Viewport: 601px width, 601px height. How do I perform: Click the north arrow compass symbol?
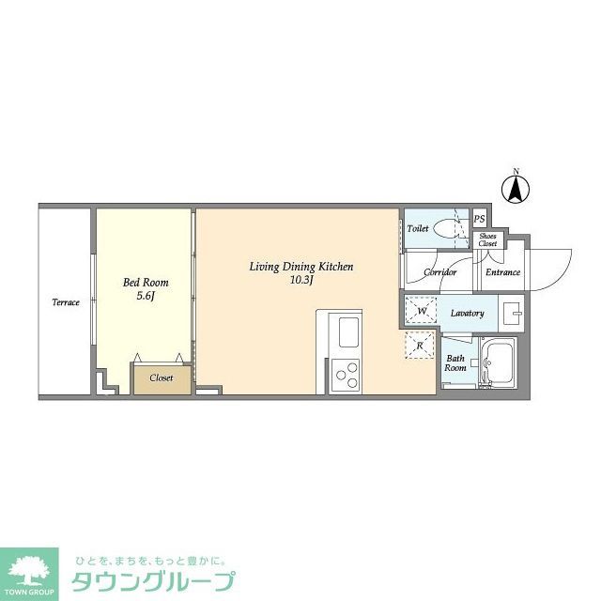(515, 189)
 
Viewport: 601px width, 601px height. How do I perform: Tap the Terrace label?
(66, 302)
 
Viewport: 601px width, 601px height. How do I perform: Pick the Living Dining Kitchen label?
(300, 267)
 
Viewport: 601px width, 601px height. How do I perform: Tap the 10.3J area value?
(300, 280)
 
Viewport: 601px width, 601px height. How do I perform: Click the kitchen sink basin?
(345, 332)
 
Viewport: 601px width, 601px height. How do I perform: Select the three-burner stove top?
(345, 374)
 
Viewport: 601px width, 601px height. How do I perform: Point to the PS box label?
(479, 219)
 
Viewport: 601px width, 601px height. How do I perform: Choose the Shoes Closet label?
(488, 239)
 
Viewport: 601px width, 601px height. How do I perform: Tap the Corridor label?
(439, 272)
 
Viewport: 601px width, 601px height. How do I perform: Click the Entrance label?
(501, 272)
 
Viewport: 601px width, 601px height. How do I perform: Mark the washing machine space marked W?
(422, 311)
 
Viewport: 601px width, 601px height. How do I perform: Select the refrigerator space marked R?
(419, 346)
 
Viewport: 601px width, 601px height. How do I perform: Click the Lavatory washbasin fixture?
(511, 311)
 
